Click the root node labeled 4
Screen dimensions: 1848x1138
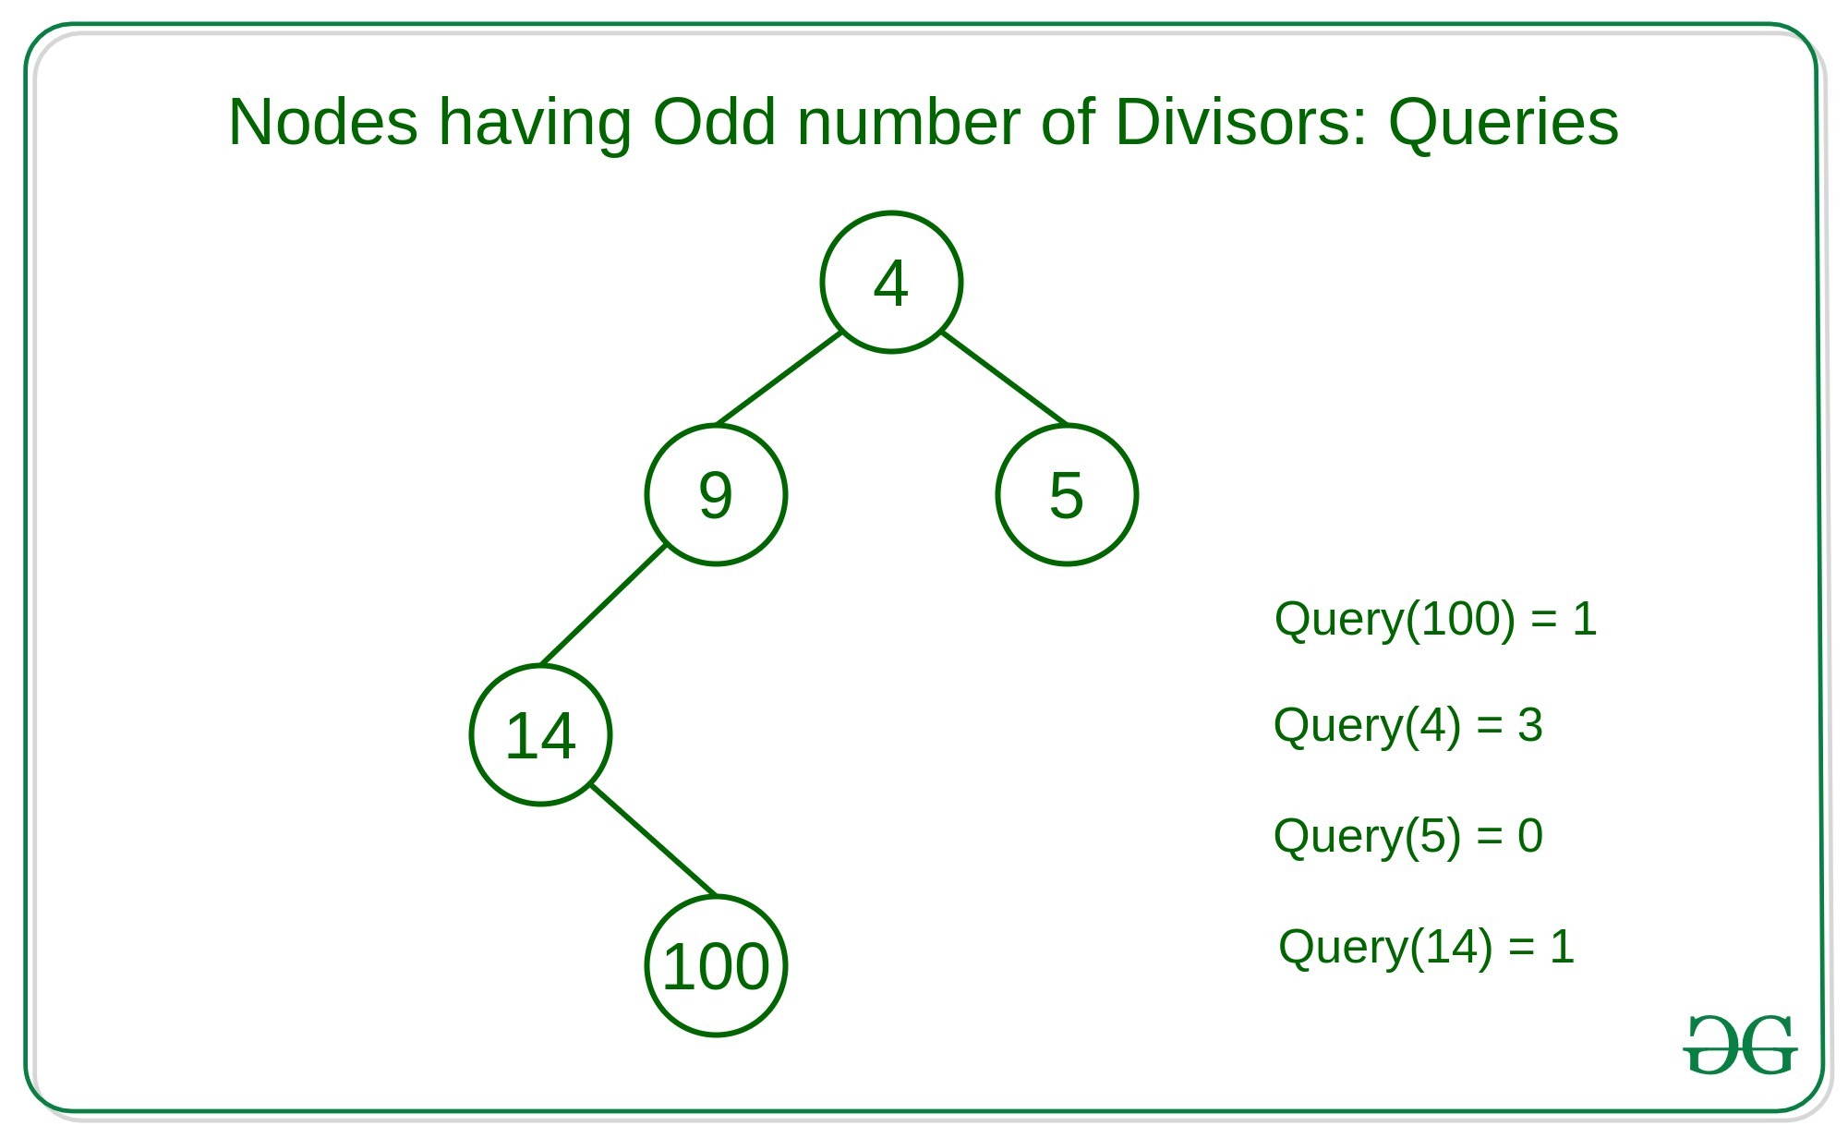point(891,282)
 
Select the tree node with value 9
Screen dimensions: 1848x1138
point(716,494)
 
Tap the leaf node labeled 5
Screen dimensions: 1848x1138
point(1067,494)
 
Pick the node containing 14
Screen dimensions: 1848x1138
point(540,735)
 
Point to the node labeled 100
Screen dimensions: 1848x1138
point(716,966)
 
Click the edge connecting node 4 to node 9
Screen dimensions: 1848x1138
point(779,379)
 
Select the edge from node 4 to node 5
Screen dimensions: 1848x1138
point(1004,379)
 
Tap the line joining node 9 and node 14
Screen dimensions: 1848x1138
point(602,606)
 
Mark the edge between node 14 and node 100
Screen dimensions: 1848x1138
point(653,840)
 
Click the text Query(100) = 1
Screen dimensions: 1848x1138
point(1435,619)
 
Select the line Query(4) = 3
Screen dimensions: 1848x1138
point(1407,726)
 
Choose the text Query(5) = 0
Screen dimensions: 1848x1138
point(1407,836)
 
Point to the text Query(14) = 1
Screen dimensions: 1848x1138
point(1426,947)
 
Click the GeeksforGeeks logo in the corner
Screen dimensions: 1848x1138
point(1740,1045)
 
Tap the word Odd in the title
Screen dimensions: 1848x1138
point(714,122)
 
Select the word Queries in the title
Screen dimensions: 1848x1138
point(1504,123)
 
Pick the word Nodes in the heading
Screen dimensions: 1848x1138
point(322,122)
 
